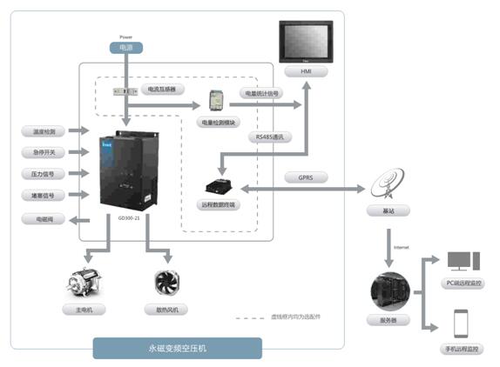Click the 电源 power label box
[x=126, y=50]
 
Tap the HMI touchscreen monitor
[x=304, y=43]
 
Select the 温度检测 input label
[x=44, y=131]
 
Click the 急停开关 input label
[x=44, y=152]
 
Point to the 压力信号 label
[x=44, y=174]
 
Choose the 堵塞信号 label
[x=44, y=196]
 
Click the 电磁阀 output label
[x=44, y=218]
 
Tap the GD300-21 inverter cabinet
[x=127, y=169]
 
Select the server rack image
[x=386, y=290]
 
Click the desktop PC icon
[x=461, y=261]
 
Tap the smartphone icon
[x=461, y=323]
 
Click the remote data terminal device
[x=217, y=184]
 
